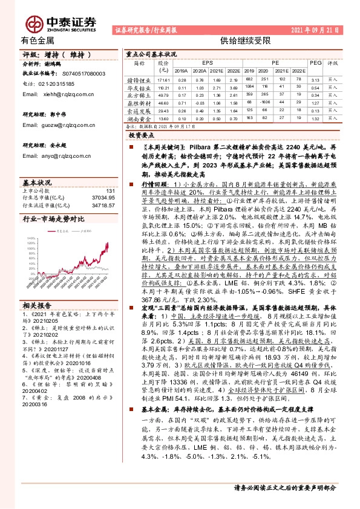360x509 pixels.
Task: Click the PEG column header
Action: pos(315,62)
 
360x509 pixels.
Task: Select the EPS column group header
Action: pos(208,62)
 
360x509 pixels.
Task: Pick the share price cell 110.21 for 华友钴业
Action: pos(163,87)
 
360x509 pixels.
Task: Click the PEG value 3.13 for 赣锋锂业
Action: pos(315,79)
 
